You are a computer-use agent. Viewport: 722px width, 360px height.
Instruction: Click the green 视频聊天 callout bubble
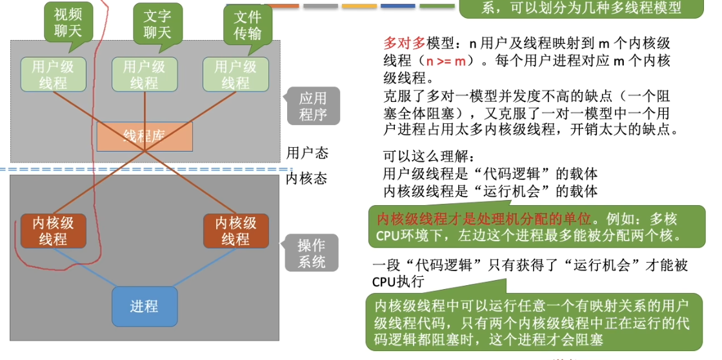click(x=68, y=23)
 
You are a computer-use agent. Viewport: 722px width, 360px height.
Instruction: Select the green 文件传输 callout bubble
click(x=247, y=24)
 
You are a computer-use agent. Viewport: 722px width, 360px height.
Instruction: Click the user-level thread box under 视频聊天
click(x=53, y=74)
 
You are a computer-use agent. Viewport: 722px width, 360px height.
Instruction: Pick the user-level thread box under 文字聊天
click(x=144, y=74)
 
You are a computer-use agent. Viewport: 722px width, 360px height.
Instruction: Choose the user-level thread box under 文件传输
click(x=236, y=74)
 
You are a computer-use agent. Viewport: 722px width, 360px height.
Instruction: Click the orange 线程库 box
click(x=145, y=136)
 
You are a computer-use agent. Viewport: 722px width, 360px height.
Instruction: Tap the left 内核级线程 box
click(x=53, y=231)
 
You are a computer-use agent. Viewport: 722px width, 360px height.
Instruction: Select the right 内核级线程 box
click(x=236, y=231)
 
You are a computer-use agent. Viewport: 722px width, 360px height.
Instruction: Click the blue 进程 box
click(x=144, y=306)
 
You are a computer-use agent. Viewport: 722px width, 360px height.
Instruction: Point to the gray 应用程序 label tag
click(x=313, y=106)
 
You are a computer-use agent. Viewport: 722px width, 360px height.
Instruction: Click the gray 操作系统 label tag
click(x=312, y=254)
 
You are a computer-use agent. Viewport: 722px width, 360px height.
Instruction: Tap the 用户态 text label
click(x=307, y=153)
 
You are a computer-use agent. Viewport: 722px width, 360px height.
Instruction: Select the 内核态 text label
click(x=307, y=178)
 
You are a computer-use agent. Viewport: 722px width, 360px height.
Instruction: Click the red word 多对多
click(x=405, y=44)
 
